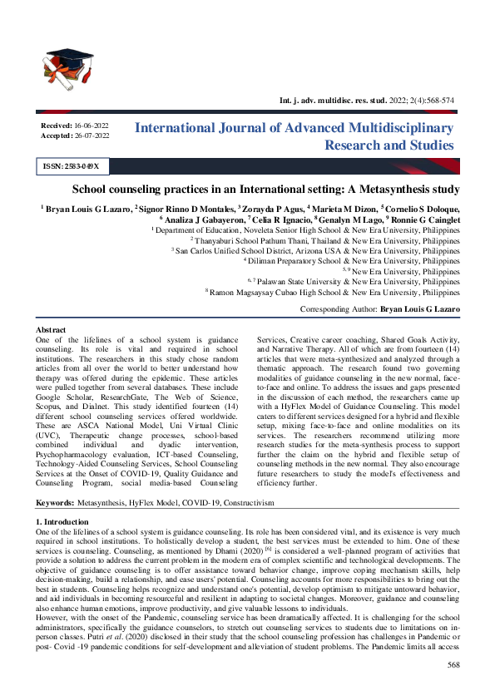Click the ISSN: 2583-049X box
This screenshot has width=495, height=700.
coord(71,166)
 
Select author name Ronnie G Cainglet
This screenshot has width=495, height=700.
coord(424,217)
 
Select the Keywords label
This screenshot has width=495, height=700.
coord(55,504)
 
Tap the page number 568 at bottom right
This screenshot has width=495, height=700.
coord(453,665)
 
